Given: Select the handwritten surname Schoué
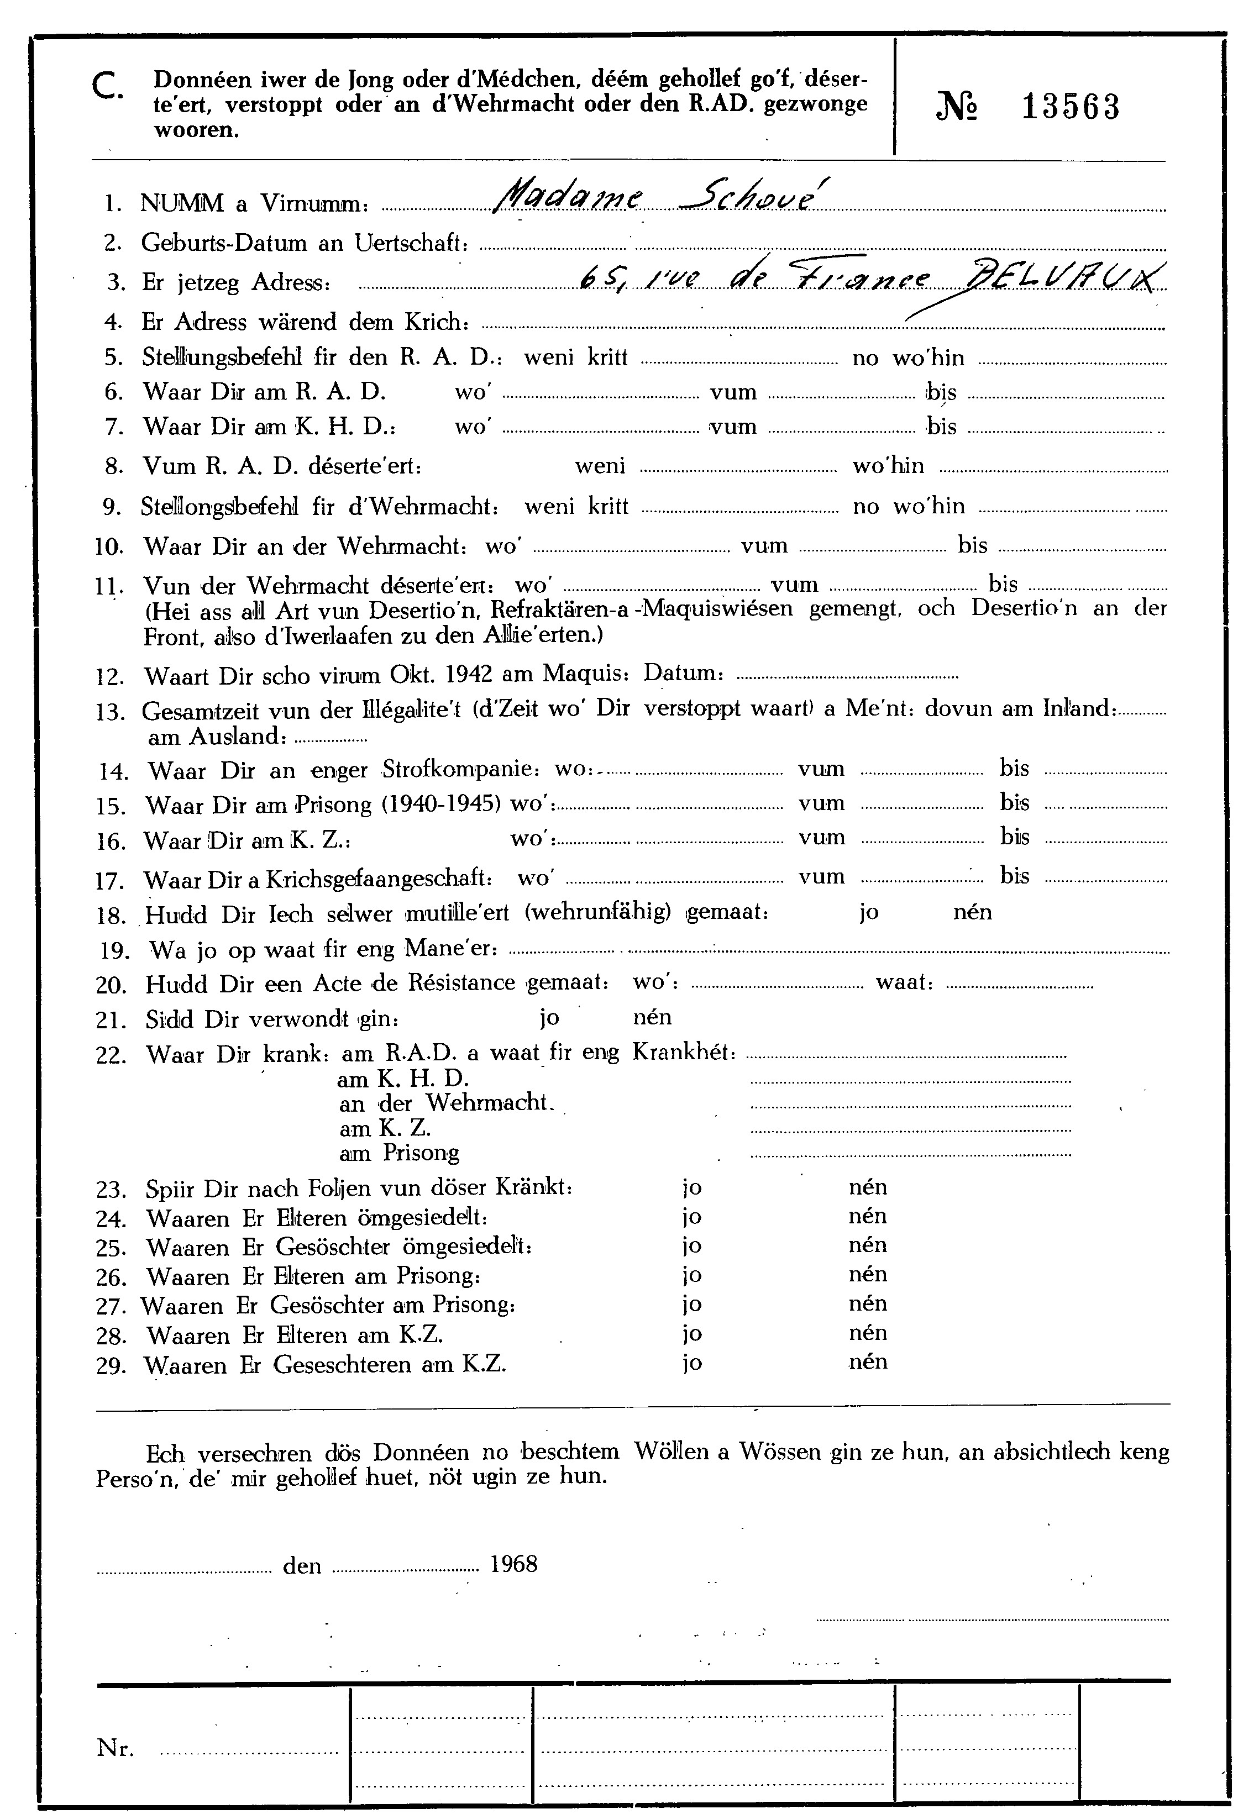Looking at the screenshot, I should click(748, 195).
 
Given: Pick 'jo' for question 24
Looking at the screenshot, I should click(691, 1217).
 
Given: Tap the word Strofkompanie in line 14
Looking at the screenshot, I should click(460, 770).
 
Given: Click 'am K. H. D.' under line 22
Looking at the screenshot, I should click(403, 1080).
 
